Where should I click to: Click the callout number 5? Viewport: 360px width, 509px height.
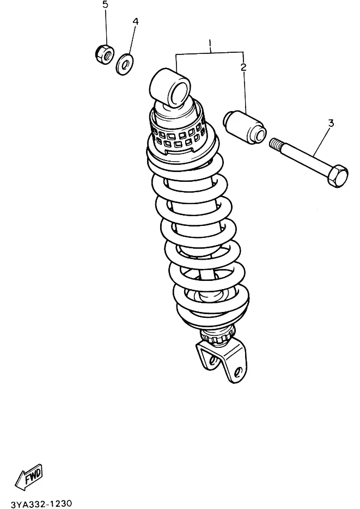point(105,5)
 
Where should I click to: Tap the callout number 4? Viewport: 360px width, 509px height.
point(136,21)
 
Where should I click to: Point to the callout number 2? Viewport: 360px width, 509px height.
point(243,67)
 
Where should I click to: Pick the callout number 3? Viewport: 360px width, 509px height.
point(331,124)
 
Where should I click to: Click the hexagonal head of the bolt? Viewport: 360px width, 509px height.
point(338,176)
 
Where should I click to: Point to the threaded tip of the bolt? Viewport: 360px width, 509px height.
point(275,143)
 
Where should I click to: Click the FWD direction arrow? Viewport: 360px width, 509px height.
point(29,476)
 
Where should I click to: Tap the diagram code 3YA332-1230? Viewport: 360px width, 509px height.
point(41,504)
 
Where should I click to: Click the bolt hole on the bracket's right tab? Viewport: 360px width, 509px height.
point(238,371)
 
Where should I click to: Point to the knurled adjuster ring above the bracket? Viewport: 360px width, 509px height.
point(218,335)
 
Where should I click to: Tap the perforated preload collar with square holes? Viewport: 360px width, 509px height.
point(178,132)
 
